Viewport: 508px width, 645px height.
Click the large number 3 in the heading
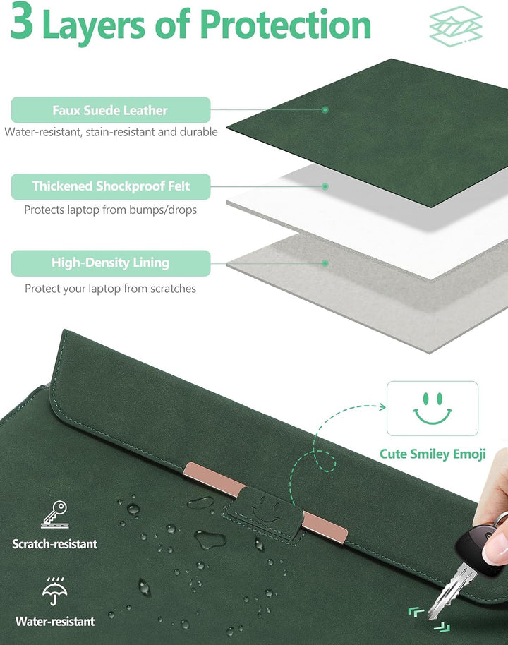pos(21,20)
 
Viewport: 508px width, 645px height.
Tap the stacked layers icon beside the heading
pos(456,26)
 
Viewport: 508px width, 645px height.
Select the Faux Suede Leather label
pos(110,110)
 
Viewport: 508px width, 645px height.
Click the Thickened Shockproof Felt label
pos(110,186)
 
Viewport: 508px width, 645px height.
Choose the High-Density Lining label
pos(110,263)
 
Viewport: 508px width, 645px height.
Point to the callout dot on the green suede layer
pos(325,110)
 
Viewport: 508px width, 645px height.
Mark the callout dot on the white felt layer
pos(325,186)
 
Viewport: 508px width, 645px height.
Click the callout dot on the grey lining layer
pos(325,263)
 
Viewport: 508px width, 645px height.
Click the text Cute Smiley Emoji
pos(433,454)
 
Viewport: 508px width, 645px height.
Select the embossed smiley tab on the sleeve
pos(263,514)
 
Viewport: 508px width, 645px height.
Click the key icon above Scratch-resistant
pos(55,514)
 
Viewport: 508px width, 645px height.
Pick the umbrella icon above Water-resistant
pos(55,591)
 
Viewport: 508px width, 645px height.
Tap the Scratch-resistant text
pos(55,544)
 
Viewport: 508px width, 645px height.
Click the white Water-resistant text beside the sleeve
pos(55,621)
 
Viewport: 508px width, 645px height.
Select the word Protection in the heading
pos(286,24)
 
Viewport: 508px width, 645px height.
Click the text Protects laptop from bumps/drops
pos(110,210)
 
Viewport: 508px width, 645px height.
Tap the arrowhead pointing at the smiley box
pos(382,406)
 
